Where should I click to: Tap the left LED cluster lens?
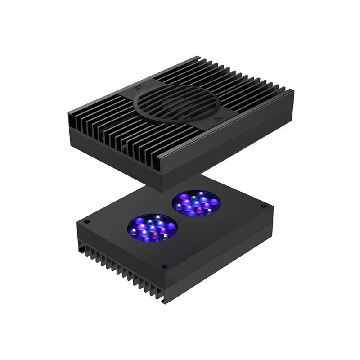[151, 227]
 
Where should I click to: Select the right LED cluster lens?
[196, 203]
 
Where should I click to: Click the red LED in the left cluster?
[154, 234]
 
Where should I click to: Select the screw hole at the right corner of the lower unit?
[263, 206]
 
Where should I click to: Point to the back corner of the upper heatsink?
[198, 57]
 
